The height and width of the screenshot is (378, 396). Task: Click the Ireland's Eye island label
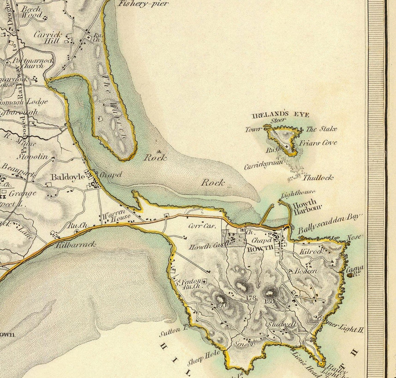[280, 115]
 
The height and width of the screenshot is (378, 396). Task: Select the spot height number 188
[270, 302]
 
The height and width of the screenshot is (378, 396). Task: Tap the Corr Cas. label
[201, 226]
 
